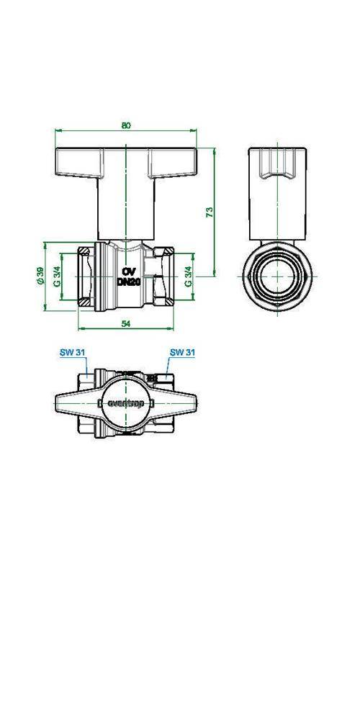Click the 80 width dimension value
[x=126, y=125]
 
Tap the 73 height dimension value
[x=209, y=212]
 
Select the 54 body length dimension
[x=126, y=324]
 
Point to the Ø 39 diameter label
[x=40, y=276]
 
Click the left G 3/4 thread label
[x=56, y=276]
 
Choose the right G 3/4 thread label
[x=188, y=276]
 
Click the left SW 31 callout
[x=73, y=353]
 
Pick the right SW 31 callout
[x=183, y=353]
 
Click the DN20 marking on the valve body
[x=128, y=282]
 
